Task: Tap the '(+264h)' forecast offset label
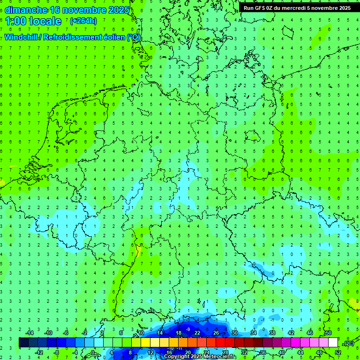83,21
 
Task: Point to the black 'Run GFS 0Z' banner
297,8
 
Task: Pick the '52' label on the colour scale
337,352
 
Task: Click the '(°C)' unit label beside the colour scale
348,343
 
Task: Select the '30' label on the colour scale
234,333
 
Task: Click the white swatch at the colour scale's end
333,343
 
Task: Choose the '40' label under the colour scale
281,352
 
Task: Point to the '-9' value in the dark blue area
188,329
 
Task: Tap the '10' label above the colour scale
141,333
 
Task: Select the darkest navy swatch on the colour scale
23,343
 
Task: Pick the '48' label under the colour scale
319,352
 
